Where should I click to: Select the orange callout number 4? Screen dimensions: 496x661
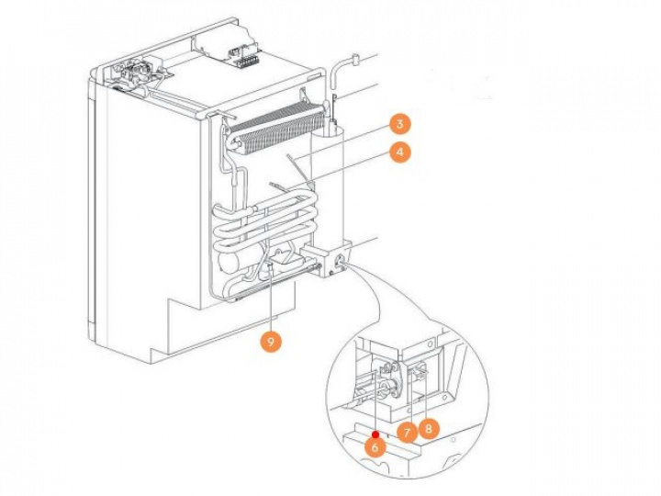click(399, 153)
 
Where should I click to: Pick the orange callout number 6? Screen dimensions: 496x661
click(374, 445)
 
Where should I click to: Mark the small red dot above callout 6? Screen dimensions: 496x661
click(376, 432)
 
